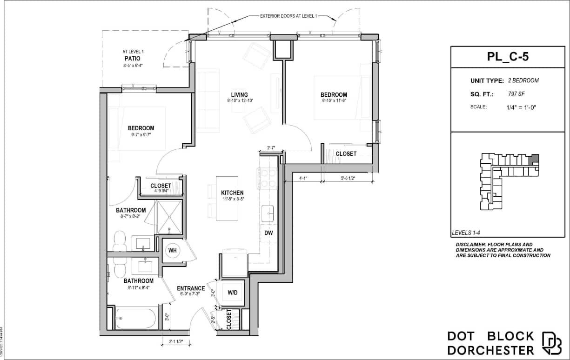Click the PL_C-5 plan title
(508, 57)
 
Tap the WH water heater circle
(173, 250)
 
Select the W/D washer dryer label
(233, 293)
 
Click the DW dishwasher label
(268, 233)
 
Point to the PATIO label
(132, 59)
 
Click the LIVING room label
(240, 95)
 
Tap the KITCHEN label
(232, 193)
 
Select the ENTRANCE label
(191, 288)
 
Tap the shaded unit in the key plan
(535, 159)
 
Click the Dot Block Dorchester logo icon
(552, 343)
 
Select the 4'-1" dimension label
(304, 177)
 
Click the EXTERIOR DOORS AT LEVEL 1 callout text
(288, 16)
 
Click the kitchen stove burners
(267, 178)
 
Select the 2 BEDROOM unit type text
(523, 80)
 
